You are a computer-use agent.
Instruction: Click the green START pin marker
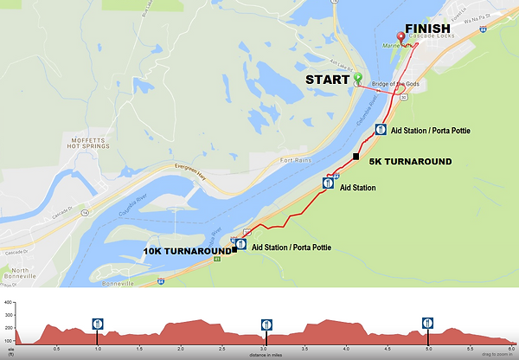[x=357, y=79]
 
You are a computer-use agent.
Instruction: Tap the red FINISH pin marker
[x=400, y=37]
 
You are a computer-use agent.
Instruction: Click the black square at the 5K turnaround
[x=356, y=156]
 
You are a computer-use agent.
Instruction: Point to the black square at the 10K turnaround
[x=234, y=250]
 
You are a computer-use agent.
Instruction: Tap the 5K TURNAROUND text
[x=409, y=162]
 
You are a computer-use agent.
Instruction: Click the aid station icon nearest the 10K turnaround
[x=241, y=245]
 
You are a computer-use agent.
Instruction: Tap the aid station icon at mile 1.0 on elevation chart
[x=98, y=324]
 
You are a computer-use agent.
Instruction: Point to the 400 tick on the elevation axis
[x=8, y=303]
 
